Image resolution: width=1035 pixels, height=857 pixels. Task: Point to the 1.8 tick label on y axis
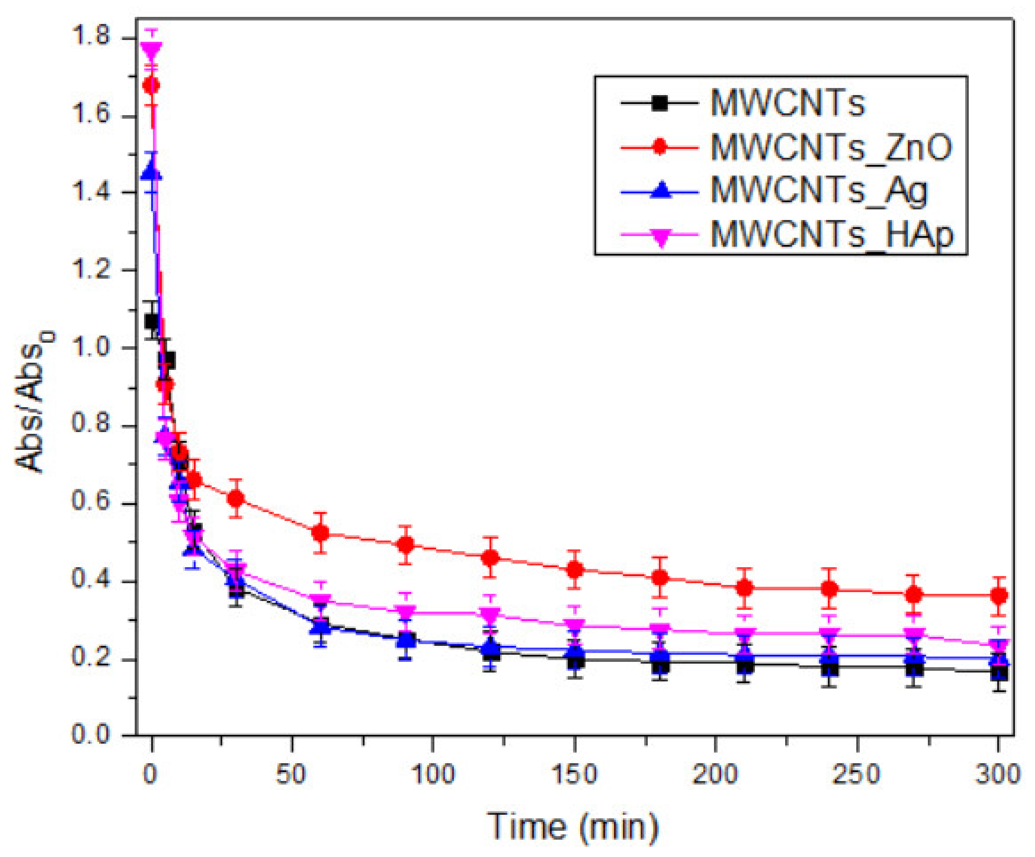click(91, 37)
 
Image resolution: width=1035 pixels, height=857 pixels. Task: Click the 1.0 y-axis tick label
click(91, 348)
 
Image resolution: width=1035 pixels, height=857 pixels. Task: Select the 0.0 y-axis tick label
click(91, 734)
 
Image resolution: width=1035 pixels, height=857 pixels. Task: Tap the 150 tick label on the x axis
click(574, 774)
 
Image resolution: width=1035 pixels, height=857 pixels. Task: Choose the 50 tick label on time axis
click(291, 774)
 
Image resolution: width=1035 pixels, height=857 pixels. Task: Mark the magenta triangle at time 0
click(151, 50)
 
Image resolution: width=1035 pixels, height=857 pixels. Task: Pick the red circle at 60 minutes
click(321, 533)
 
